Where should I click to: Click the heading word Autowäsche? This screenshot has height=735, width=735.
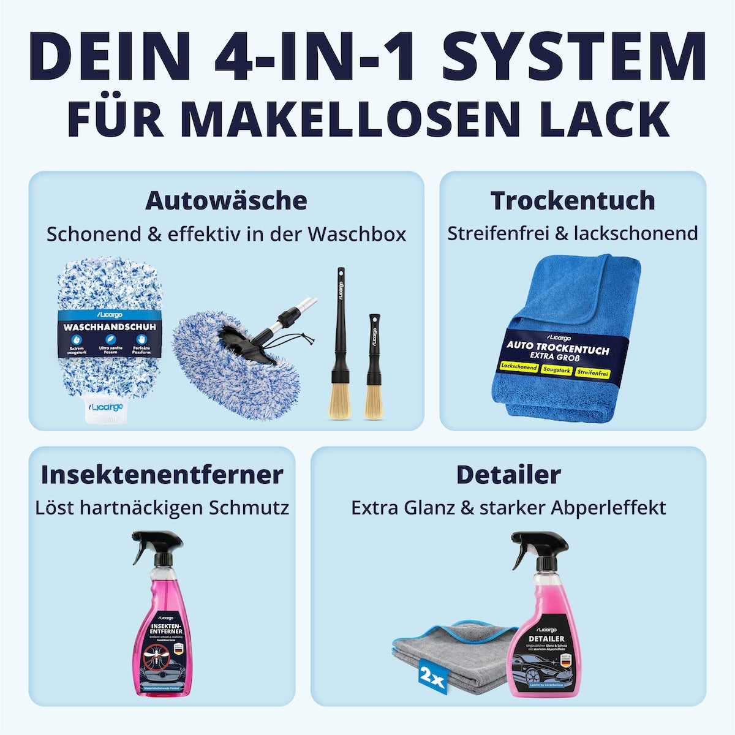coord(226,201)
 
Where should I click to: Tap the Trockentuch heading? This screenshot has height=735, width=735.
coord(573,201)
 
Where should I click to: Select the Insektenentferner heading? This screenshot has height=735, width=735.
coord(162,475)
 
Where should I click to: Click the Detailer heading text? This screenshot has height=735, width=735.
coord(508,475)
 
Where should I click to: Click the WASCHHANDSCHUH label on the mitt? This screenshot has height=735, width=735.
coord(109,327)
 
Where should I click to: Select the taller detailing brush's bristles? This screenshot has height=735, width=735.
coord(340,401)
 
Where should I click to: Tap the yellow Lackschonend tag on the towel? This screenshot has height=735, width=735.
coord(519,367)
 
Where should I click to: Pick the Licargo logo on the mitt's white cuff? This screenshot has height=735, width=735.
coord(107,407)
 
